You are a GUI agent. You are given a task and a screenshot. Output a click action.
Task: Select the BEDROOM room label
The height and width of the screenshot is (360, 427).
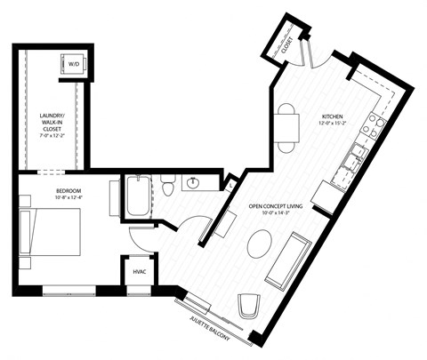pos(44,190)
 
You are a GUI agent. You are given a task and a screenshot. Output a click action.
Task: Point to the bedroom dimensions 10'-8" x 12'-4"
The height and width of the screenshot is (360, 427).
pos(44,198)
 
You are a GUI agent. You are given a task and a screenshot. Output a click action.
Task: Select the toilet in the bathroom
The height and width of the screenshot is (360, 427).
pos(168,187)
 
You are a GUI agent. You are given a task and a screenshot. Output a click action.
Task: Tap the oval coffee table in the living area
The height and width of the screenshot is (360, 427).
pos(261,243)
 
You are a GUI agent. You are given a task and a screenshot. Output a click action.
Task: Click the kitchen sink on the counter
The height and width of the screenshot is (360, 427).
pos(357,156)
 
